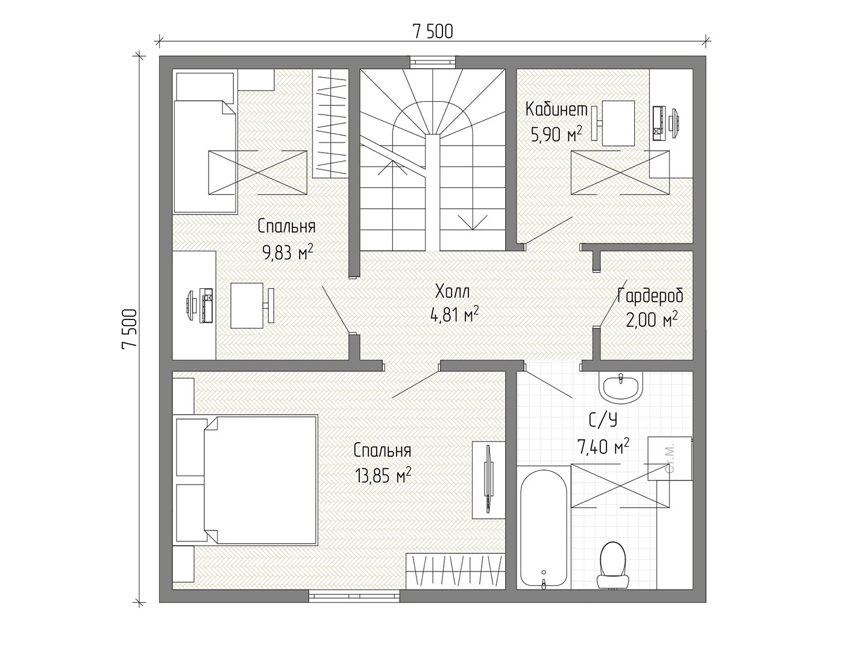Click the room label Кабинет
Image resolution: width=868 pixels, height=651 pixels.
coord(556,110)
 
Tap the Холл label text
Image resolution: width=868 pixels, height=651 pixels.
coord(453,292)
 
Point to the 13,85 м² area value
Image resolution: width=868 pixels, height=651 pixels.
coord(383,476)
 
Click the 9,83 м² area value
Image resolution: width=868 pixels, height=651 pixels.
coord(288,252)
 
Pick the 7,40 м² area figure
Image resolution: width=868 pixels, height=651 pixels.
coord(603,447)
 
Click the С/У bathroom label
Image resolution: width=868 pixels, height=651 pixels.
coord(603,421)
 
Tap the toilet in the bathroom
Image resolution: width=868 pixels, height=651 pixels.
coord(612,566)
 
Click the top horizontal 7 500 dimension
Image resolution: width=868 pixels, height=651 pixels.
coord(433,31)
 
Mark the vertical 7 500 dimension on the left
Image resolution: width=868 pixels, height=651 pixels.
coord(130,329)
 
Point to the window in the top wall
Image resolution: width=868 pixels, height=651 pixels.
coord(433,61)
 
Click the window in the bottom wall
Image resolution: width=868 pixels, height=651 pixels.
coord(354,596)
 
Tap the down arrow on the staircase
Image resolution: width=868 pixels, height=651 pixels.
coord(472,222)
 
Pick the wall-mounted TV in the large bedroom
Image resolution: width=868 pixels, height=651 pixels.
coord(489,480)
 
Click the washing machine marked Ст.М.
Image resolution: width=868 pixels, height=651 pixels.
coord(670,459)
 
